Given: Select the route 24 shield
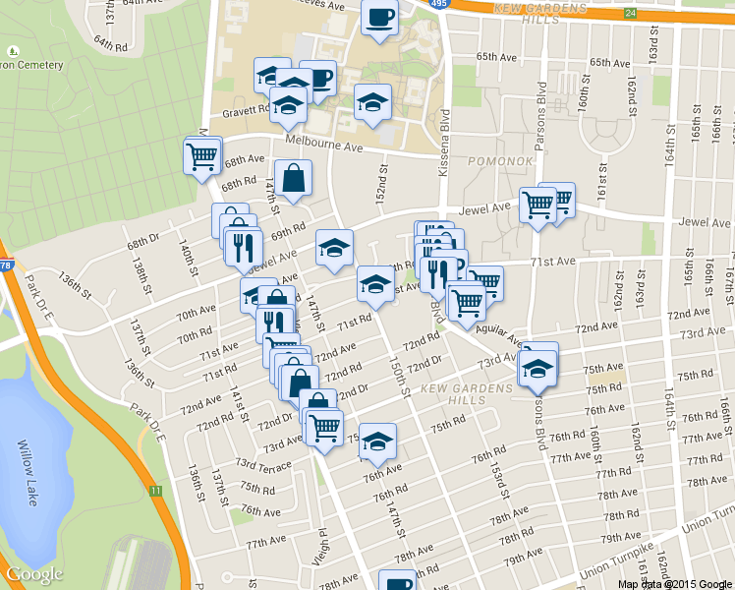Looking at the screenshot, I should click(x=629, y=14).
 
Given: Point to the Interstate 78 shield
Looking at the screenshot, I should click(x=5, y=265).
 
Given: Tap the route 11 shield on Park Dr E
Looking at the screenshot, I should click(x=155, y=490).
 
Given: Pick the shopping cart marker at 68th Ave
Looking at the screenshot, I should click(x=201, y=154).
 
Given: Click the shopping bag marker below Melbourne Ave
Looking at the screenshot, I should click(x=294, y=178).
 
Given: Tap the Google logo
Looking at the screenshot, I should click(x=34, y=574).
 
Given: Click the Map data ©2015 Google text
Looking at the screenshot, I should click(x=675, y=583).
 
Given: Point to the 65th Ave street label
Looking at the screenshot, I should click(x=495, y=58).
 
